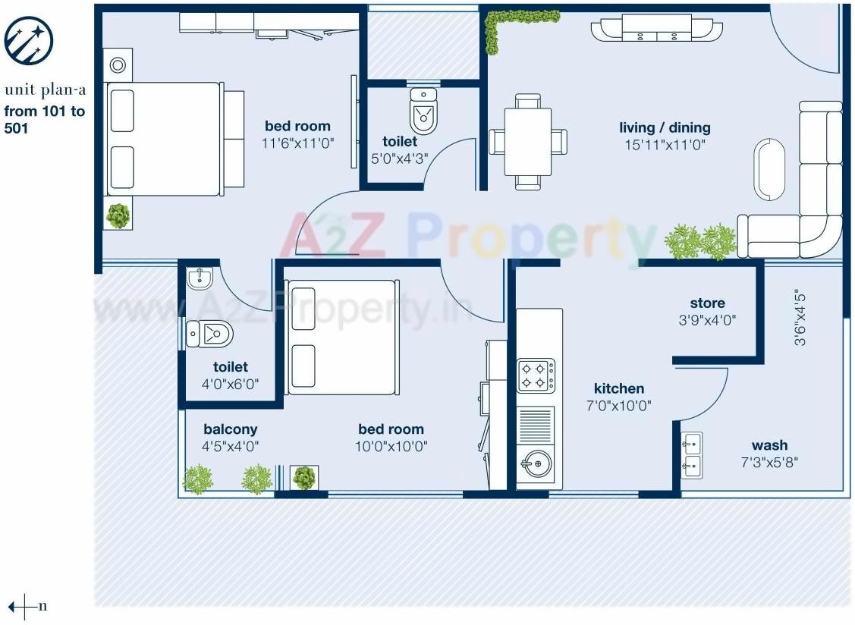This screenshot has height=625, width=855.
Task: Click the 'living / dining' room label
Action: click(x=665, y=127)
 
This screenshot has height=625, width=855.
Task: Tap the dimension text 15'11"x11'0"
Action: click(x=665, y=144)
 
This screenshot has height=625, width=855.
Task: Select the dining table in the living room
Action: click(x=528, y=142)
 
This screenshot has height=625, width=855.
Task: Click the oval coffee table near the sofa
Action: click(x=769, y=169)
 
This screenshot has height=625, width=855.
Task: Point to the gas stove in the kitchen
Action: click(x=536, y=375)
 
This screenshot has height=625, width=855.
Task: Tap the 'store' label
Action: click(x=707, y=303)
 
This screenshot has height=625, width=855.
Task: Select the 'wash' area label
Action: click(x=769, y=445)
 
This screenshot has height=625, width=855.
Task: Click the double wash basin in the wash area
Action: click(x=691, y=455)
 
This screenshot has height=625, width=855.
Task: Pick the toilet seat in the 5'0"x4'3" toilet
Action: click(x=423, y=111)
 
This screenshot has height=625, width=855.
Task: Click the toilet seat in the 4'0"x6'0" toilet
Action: click(x=210, y=333)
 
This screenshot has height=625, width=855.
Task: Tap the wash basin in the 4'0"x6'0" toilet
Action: click(x=200, y=278)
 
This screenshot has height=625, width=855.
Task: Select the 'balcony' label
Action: click(x=230, y=429)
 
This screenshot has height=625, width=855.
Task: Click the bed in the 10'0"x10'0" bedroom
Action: click(x=342, y=337)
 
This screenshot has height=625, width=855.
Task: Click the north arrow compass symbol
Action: click(x=24, y=606)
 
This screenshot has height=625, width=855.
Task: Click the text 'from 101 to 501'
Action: click(x=45, y=120)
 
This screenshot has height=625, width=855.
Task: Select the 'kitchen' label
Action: click(x=619, y=388)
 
